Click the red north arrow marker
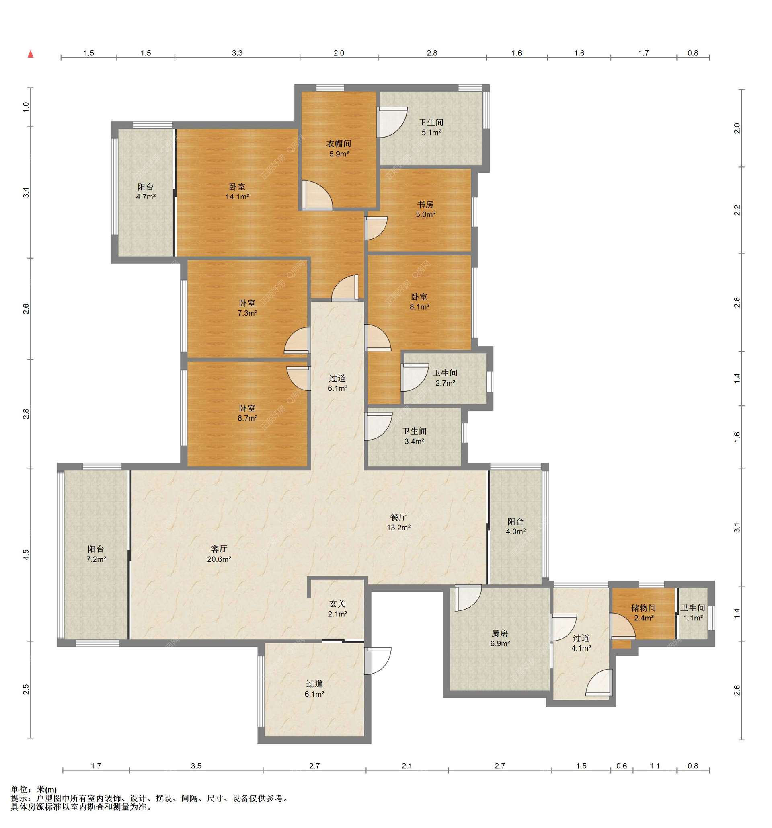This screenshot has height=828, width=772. click(31, 54)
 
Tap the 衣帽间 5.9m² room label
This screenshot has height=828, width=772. click(339, 149)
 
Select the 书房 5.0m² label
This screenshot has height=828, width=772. click(425, 210)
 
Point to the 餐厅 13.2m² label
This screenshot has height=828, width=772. click(398, 522)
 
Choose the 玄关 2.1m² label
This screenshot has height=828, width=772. click(337, 608)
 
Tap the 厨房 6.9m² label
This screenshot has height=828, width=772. click(500, 638)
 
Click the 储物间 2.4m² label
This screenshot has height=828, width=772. click(643, 613)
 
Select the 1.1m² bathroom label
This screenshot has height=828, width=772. click(693, 613)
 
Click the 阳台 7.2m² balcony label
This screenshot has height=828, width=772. click(96, 554)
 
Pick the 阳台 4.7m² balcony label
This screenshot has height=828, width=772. click(146, 191)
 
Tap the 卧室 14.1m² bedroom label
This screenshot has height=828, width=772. click(237, 191)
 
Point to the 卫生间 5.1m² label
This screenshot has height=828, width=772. click(431, 127)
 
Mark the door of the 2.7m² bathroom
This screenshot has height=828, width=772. click(415, 377)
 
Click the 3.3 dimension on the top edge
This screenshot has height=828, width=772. click(237, 53)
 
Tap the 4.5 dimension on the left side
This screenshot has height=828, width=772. click(26, 555)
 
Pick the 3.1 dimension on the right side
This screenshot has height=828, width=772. click(737, 527)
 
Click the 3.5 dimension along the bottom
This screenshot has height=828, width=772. click(196, 766)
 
